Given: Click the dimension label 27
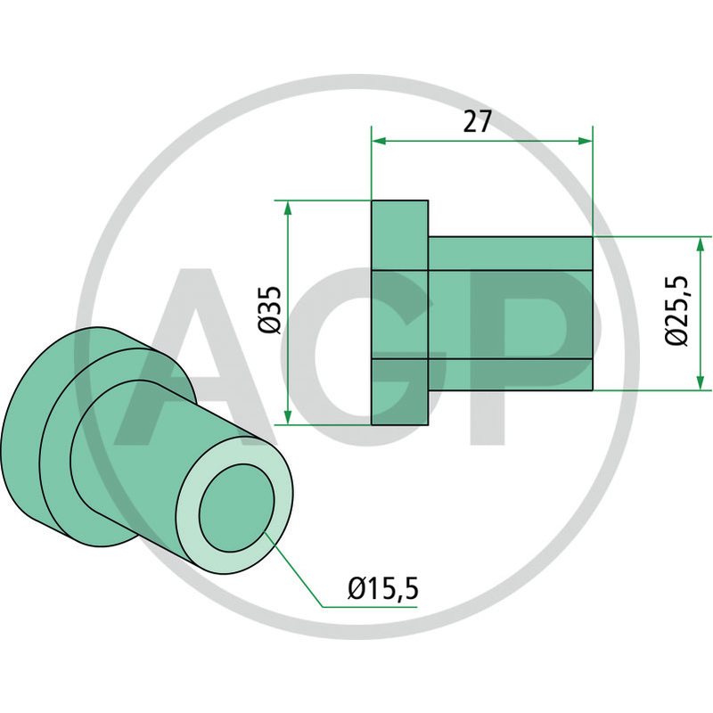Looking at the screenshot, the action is click(x=478, y=122).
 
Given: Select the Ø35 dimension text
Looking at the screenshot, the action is click(x=270, y=310).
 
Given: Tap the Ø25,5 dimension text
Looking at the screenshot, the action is click(x=677, y=310).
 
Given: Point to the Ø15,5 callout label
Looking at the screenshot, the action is click(x=383, y=589).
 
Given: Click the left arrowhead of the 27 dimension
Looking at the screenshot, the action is click(x=379, y=141).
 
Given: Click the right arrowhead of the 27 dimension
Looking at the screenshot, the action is click(x=586, y=141).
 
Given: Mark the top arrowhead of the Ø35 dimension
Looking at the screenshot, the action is click(x=287, y=209).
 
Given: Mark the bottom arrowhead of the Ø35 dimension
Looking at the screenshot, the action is click(x=287, y=417).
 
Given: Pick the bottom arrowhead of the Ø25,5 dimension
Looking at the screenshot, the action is click(x=701, y=383).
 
